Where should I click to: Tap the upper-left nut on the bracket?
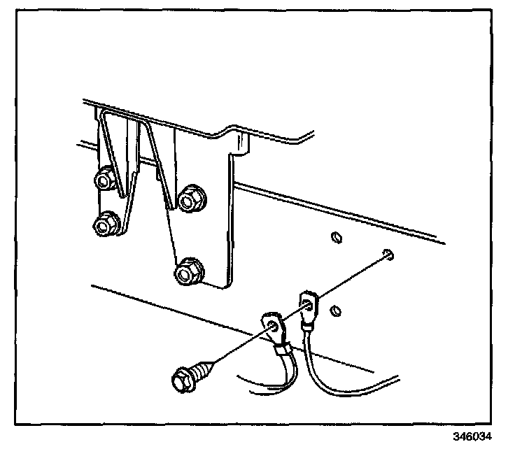(104, 180)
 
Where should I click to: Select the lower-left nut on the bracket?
(105, 224)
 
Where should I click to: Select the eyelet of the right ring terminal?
(308, 304)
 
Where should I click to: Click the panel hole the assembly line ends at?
(387, 253)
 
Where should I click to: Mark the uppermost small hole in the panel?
(335, 237)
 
